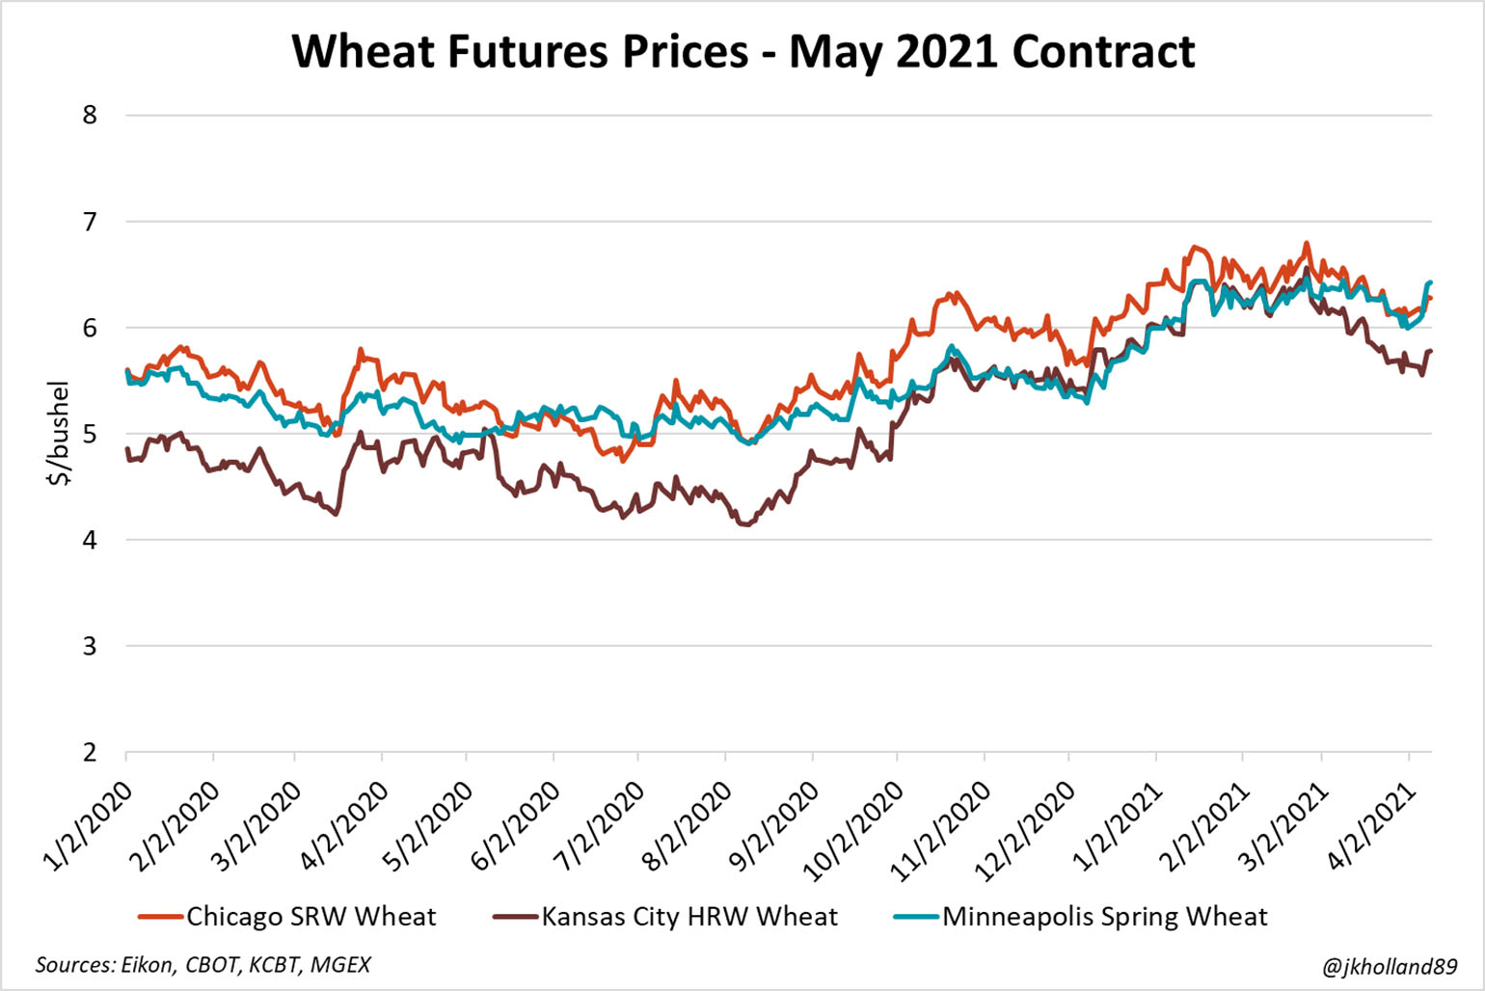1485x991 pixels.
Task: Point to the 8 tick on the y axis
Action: tap(90, 115)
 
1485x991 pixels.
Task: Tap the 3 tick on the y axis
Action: tap(90, 646)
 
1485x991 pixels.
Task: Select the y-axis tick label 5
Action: tap(90, 434)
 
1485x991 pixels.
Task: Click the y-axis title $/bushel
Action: tap(59, 433)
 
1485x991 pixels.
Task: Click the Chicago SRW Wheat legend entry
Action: tap(310, 916)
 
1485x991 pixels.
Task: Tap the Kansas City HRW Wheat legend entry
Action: tap(688, 916)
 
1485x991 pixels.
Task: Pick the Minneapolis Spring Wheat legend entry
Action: tap(1104, 916)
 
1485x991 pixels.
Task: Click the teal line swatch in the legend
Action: tap(916, 917)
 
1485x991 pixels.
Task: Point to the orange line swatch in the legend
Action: tap(160, 917)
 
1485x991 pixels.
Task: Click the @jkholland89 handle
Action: tap(1390, 965)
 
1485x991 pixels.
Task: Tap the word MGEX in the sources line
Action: tap(340, 964)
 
